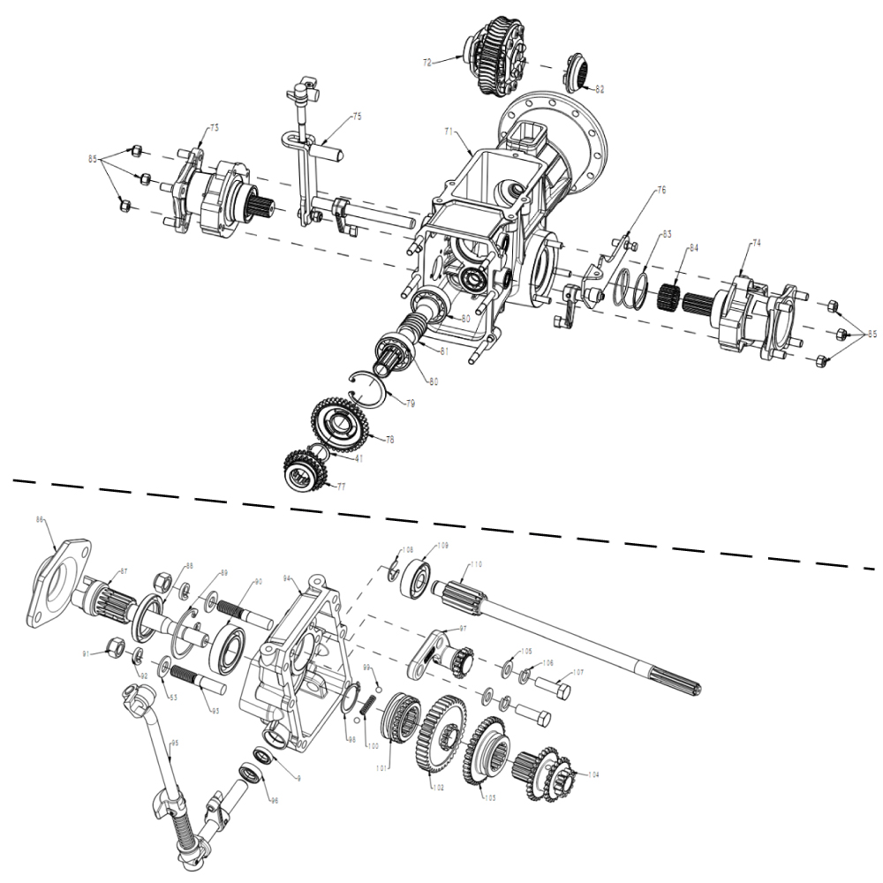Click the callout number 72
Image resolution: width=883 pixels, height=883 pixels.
(427, 63)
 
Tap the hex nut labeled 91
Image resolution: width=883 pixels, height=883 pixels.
(114, 647)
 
